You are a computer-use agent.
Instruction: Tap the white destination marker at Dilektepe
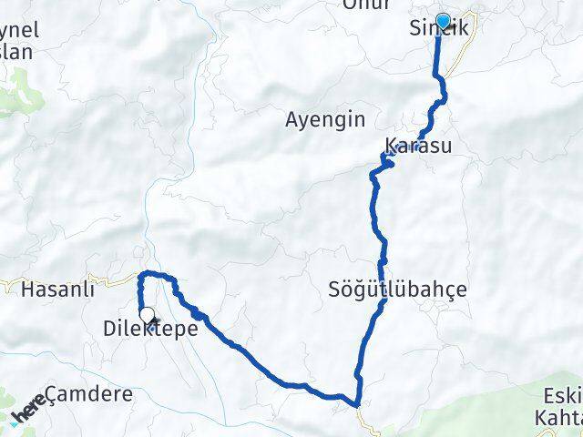pos(147,315)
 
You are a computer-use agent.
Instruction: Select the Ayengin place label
pos(325,119)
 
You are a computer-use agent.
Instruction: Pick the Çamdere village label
pos(88,394)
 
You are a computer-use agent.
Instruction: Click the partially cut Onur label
pos(366,5)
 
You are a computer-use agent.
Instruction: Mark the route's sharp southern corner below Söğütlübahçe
pos(357,401)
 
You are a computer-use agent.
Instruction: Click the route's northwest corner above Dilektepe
pos(140,274)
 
